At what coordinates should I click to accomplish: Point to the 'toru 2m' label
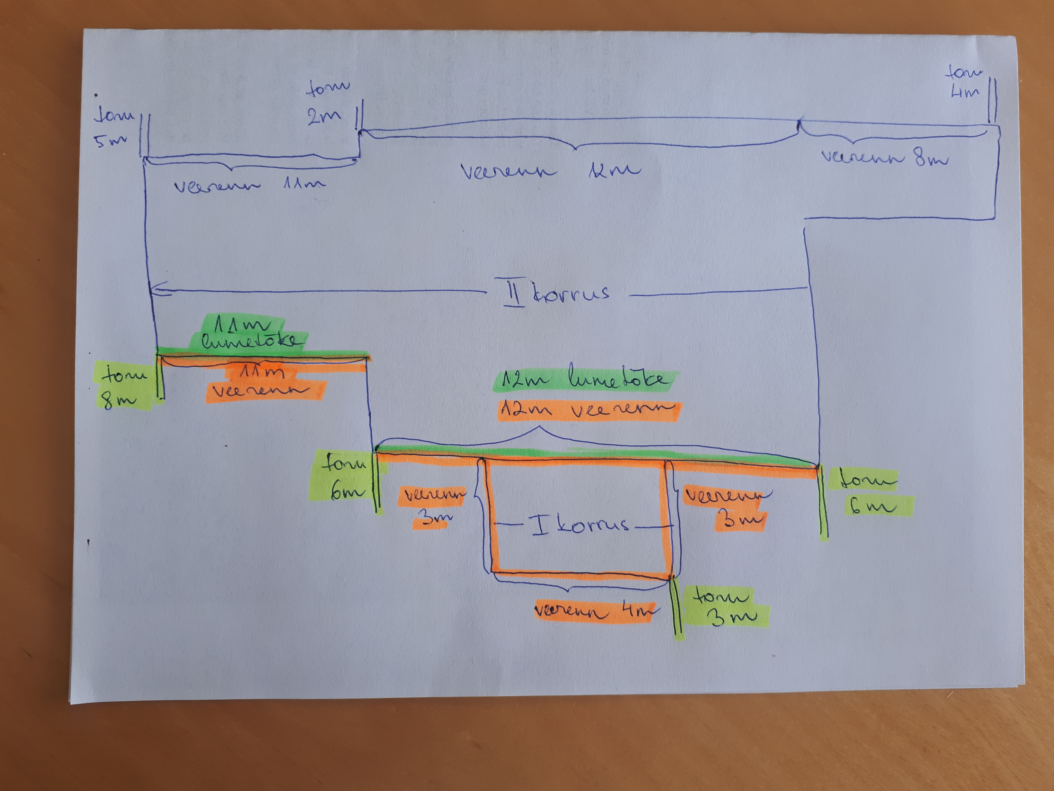(x=326, y=103)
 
